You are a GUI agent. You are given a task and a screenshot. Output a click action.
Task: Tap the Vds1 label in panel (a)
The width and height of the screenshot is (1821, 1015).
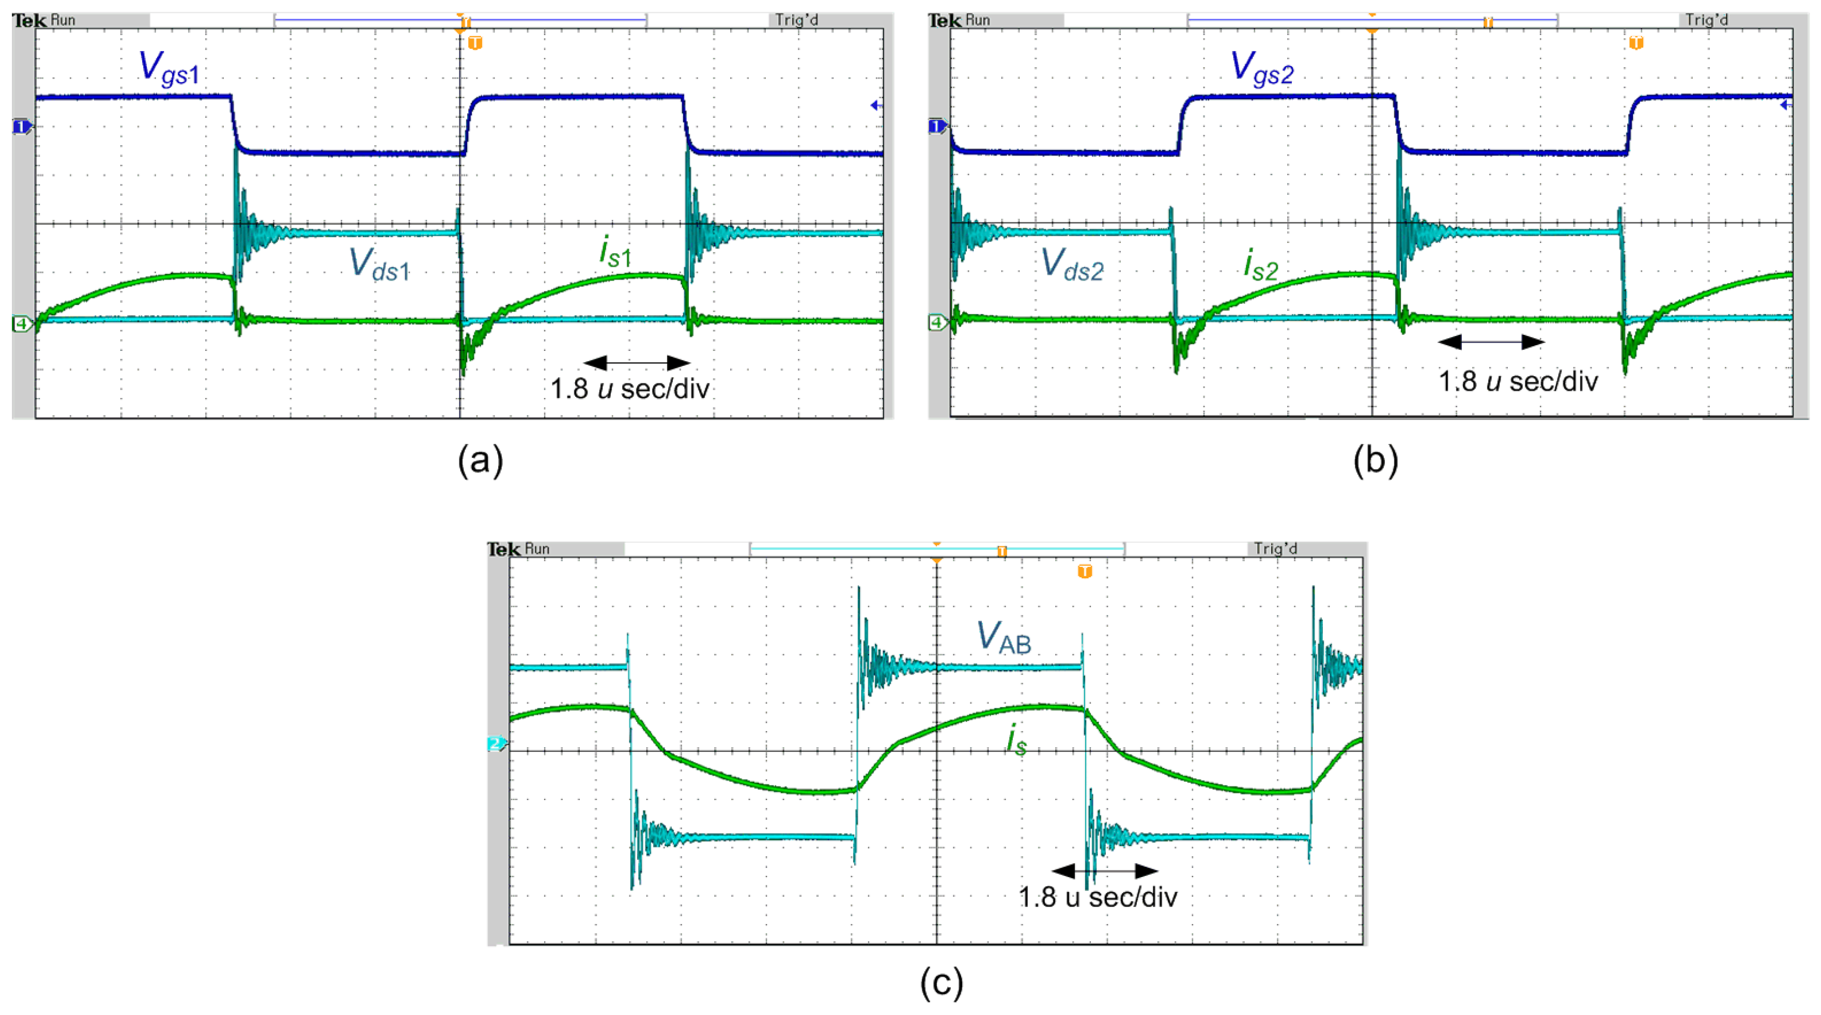point(380,265)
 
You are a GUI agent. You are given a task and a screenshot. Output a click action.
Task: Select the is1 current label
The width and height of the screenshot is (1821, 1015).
point(615,252)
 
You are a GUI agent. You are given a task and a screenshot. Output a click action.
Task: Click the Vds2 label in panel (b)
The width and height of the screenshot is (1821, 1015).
point(1072,265)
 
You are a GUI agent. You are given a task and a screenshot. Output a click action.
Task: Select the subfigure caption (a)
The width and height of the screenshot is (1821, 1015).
point(480,461)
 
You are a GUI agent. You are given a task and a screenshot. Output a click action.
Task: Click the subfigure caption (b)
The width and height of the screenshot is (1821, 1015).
point(1375,461)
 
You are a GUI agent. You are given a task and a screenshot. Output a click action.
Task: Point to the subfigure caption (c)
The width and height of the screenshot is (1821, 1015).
point(941,982)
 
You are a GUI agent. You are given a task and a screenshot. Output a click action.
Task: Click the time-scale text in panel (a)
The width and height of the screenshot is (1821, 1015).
point(629,389)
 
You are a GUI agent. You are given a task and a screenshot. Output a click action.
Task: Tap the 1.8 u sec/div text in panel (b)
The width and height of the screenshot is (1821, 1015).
point(1518,382)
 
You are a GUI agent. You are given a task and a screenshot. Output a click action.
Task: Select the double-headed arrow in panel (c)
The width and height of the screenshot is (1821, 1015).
point(1105,870)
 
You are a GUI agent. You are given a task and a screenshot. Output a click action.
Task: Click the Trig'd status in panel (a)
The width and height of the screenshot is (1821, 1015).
point(797,20)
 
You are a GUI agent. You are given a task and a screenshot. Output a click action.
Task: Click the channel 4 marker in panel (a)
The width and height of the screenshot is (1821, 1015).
point(22,324)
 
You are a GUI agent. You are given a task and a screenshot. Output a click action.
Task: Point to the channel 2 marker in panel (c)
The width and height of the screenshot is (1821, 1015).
point(496,744)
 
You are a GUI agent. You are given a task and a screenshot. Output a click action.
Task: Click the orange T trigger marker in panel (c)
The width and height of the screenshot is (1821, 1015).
point(1085,571)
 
